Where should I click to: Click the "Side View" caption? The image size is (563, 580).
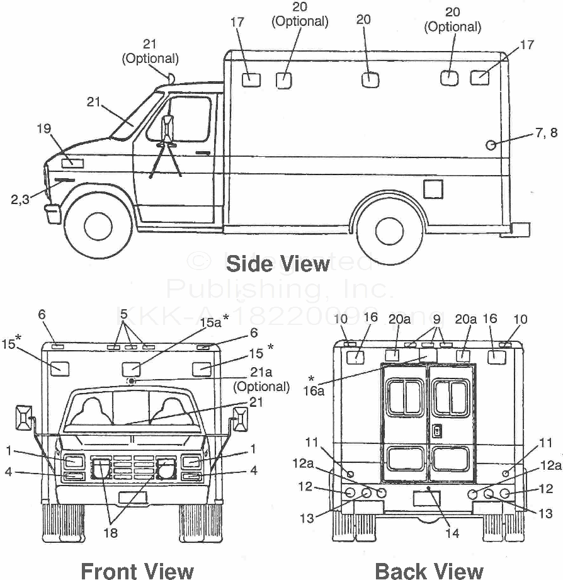277,263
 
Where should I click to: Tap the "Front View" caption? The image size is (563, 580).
137,570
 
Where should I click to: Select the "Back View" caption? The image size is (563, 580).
429,570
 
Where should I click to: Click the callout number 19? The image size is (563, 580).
43,129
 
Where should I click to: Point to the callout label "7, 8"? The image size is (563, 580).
545,133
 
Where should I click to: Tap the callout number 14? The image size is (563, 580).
452,533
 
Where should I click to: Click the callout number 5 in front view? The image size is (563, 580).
124,313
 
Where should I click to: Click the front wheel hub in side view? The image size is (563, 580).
98,225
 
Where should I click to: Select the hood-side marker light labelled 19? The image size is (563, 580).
72,162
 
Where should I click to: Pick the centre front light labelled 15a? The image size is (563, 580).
131,368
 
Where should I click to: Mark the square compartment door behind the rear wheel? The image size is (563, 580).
433,189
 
